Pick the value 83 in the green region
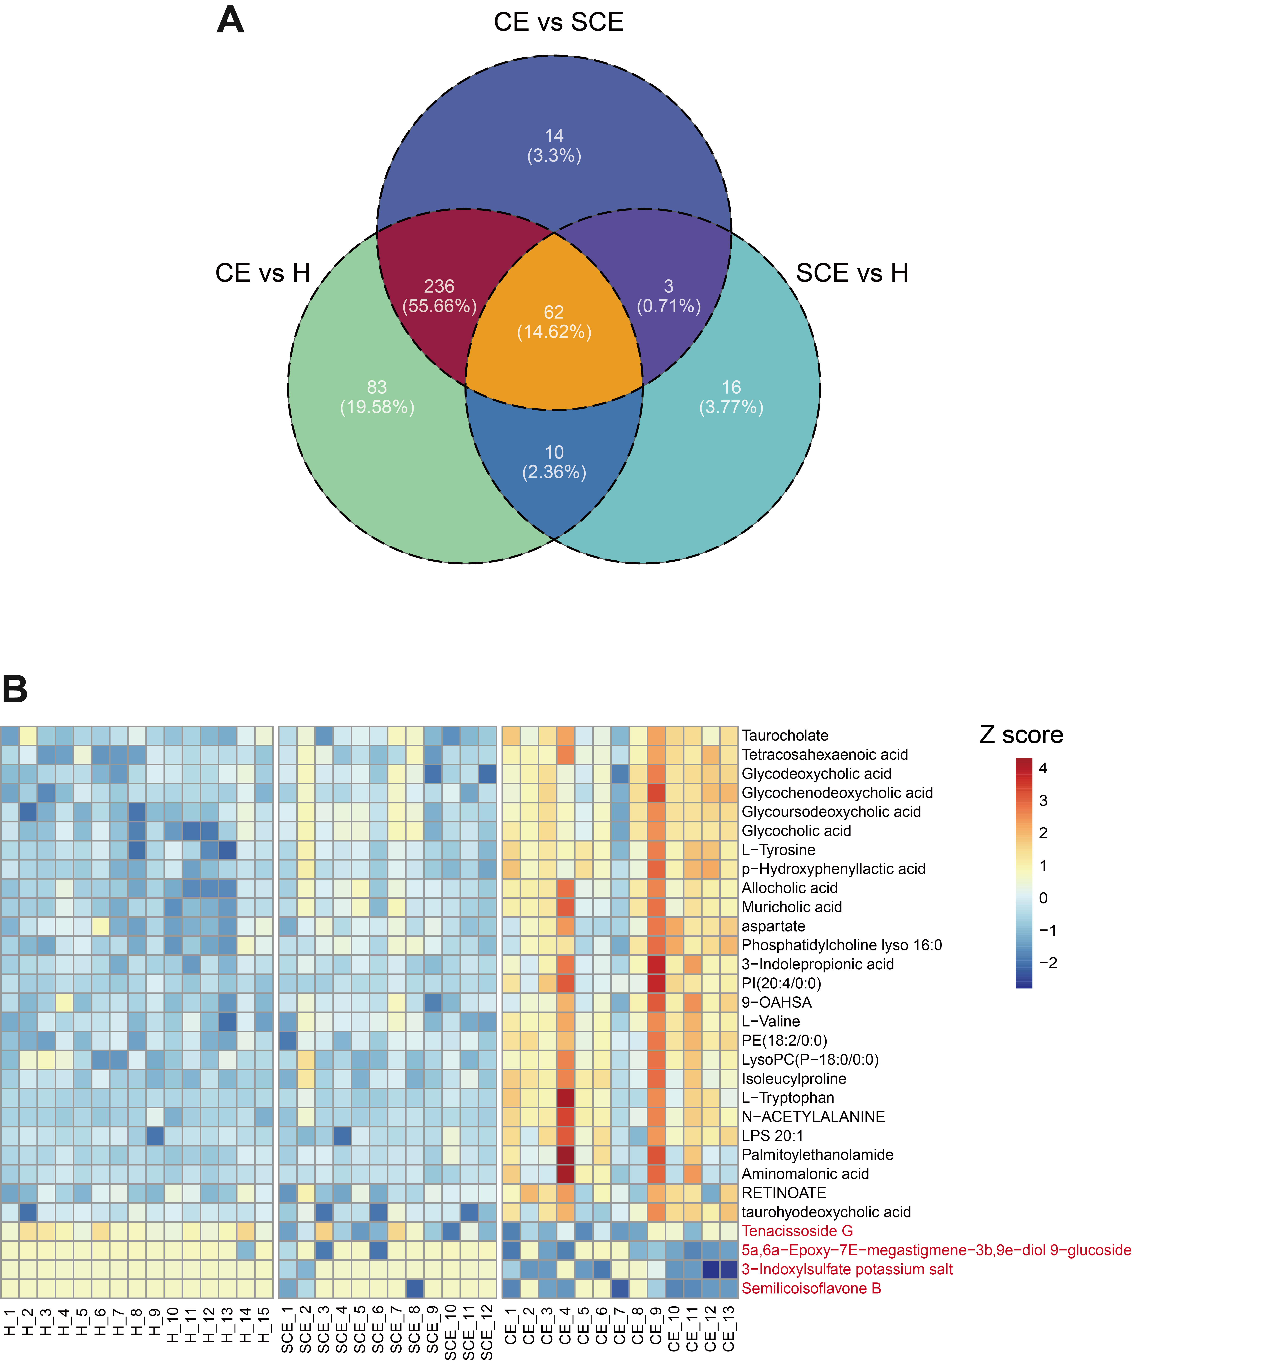[x=377, y=388]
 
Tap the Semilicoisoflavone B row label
[x=811, y=1288]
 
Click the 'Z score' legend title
[x=1021, y=735]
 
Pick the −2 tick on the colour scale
[x=1047, y=962]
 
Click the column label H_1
[x=10, y=1321]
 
